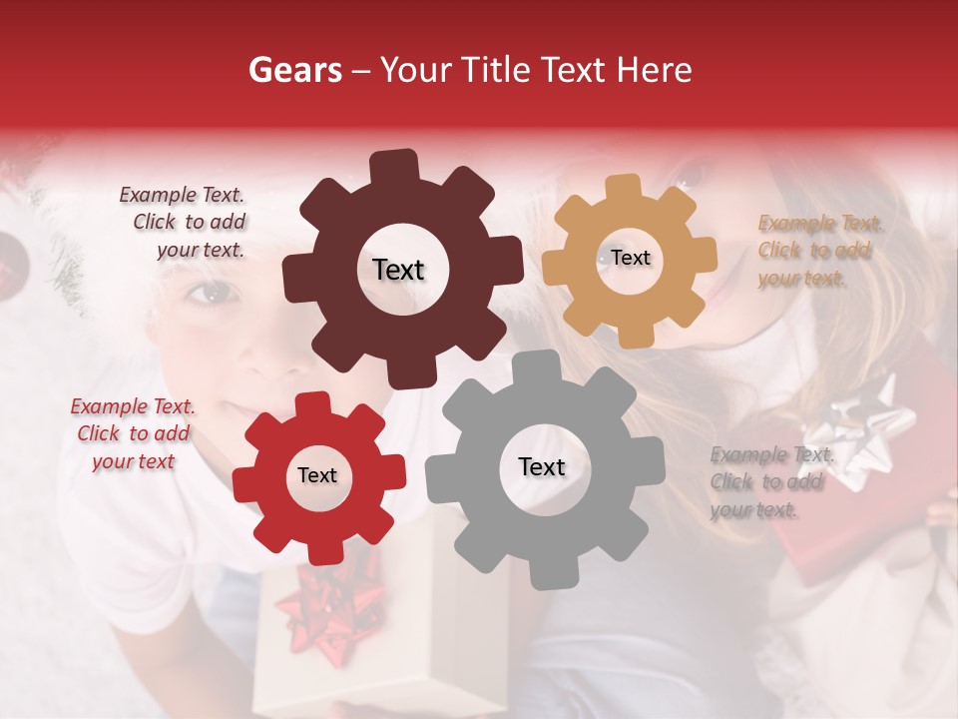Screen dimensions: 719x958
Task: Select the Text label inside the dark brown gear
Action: (398, 270)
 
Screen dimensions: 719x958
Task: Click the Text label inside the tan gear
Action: (630, 258)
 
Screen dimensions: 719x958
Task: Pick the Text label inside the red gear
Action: (317, 475)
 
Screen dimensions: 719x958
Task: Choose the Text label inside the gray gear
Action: (542, 466)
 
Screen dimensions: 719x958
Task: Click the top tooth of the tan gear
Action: (624, 188)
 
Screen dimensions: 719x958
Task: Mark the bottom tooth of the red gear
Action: (321, 551)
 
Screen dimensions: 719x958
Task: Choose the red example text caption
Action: (133, 433)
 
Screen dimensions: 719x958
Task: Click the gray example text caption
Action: (770, 482)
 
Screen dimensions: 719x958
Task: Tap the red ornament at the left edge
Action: (12, 260)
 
